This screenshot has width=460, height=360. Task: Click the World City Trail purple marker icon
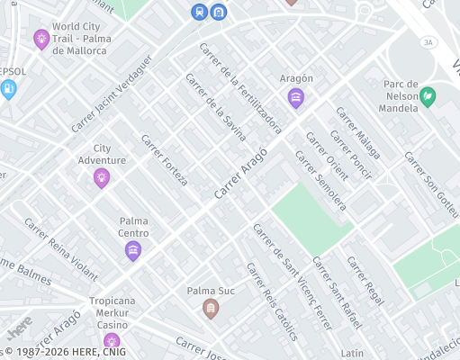point(41,39)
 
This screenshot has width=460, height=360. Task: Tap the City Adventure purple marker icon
point(102,177)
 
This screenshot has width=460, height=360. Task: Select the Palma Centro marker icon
point(133,250)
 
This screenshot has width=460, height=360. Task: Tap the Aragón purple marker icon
point(296,97)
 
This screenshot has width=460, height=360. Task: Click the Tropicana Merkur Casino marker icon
point(112,342)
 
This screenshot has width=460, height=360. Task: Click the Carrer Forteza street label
point(164,160)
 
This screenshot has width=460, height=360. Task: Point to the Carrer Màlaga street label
point(358,134)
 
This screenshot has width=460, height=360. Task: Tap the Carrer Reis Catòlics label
point(272,301)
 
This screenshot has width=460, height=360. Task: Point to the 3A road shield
point(428,41)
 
